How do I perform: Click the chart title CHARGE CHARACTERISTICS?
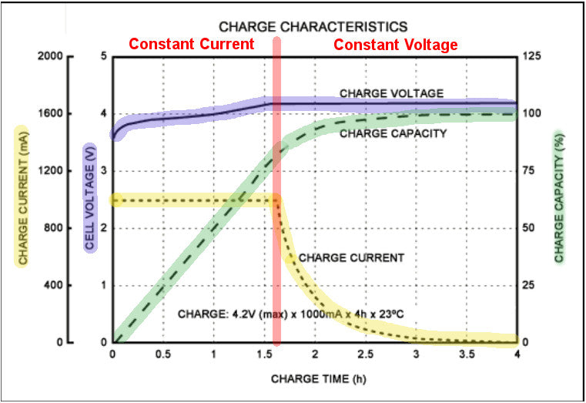[x=313, y=26]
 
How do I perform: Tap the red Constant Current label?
[x=191, y=45]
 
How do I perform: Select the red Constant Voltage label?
[x=395, y=45]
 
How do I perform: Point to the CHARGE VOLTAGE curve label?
[x=391, y=93]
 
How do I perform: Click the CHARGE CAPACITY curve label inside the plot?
[x=393, y=133]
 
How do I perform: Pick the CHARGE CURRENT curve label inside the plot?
[x=350, y=258]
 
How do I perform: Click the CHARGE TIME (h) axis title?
[x=313, y=378]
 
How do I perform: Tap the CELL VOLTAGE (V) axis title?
[x=89, y=199]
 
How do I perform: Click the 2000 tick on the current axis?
[x=59, y=57]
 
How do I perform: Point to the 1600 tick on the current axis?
[x=59, y=114]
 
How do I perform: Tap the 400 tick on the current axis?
[x=62, y=285]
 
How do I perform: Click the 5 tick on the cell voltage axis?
[x=103, y=57]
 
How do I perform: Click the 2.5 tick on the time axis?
[x=364, y=355]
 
